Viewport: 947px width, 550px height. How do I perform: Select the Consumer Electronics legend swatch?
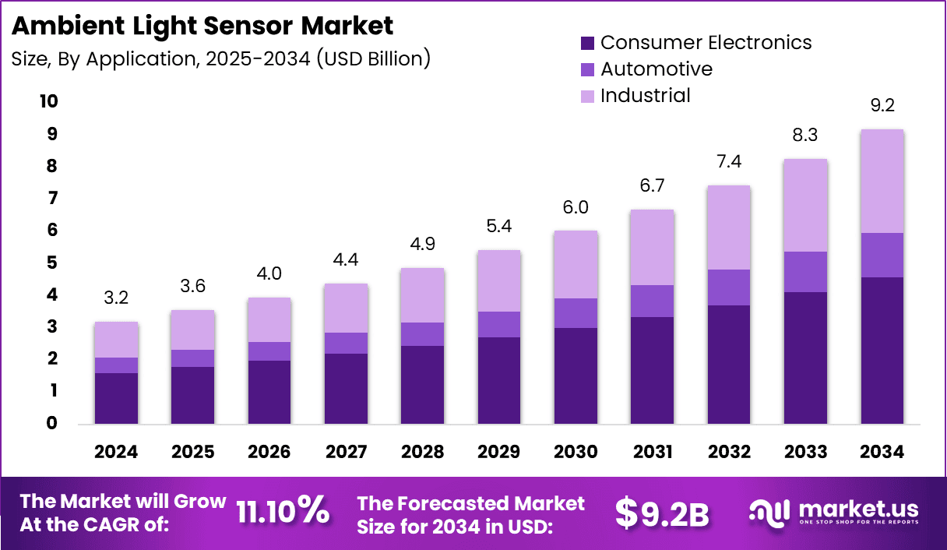point(587,43)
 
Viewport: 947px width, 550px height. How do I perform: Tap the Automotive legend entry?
point(656,69)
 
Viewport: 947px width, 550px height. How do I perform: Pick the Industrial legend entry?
point(645,96)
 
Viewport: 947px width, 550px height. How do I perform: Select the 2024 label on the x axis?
point(116,453)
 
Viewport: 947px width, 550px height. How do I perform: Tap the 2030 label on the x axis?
point(576,453)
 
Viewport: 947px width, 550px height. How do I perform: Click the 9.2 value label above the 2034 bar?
point(882,106)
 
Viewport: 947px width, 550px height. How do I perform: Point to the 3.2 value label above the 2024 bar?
point(116,298)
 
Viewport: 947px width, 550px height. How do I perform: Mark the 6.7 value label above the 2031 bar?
point(653,186)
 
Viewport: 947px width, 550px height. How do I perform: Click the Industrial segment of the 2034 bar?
point(882,181)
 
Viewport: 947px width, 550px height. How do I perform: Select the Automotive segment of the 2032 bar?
point(729,287)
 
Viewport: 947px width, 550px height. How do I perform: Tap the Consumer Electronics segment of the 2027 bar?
point(346,389)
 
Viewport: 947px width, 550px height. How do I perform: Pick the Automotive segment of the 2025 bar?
point(192,358)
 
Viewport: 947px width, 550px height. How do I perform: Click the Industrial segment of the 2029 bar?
point(499,280)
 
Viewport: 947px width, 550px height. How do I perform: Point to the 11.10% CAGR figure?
point(282,511)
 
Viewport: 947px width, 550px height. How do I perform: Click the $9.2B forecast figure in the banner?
point(662,513)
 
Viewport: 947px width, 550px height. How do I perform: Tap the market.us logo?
point(833,512)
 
